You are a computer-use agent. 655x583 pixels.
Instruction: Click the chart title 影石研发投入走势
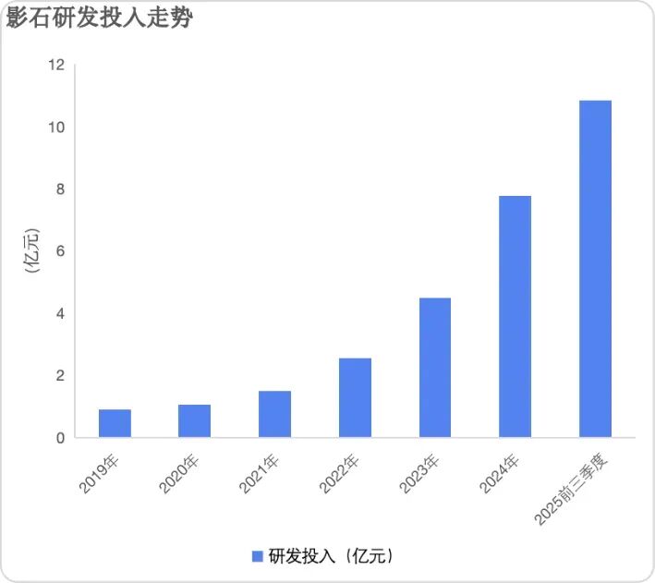click(x=99, y=18)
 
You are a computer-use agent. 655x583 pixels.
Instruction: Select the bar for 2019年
click(x=115, y=423)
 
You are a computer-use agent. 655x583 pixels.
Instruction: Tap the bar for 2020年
click(x=194, y=421)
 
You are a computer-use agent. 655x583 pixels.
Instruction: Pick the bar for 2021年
click(x=274, y=414)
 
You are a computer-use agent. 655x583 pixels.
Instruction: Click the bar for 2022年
click(x=355, y=397)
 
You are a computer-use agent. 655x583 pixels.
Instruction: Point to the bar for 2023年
click(x=435, y=368)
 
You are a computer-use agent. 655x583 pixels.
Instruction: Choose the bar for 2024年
click(x=515, y=317)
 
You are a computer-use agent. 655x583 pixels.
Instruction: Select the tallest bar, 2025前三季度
click(x=595, y=269)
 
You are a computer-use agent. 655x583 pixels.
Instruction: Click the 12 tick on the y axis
click(x=57, y=65)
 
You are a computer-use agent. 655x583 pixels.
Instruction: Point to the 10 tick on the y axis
click(x=57, y=127)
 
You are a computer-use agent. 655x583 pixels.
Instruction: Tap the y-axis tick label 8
click(x=61, y=189)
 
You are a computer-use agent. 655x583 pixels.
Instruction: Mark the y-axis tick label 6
click(x=61, y=251)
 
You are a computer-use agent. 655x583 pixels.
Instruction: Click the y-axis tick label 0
click(x=61, y=438)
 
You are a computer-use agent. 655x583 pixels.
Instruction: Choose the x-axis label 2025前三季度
click(x=573, y=491)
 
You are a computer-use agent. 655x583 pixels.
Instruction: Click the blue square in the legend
click(x=258, y=555)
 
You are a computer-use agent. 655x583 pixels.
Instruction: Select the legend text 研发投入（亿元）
click(x=332, y=555)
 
